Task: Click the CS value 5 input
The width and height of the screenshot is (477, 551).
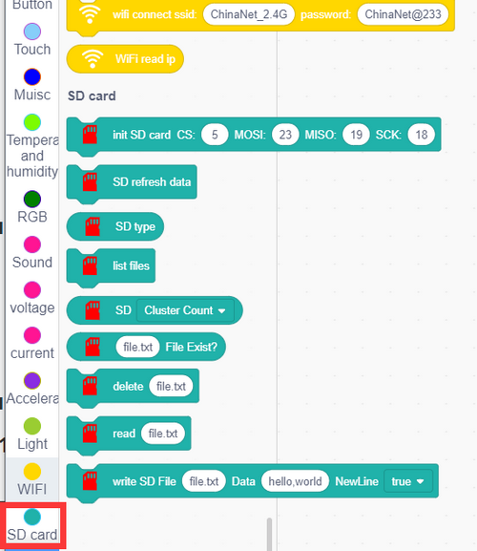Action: coord(215,135)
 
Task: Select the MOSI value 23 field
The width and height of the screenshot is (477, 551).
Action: coord(285,135)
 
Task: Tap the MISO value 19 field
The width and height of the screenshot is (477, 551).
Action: coord(356,135)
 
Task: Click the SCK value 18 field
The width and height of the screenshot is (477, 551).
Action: coord(422,135)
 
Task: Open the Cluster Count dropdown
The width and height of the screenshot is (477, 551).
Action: coord(185,310)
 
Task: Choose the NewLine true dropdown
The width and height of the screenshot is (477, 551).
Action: coord(408,481)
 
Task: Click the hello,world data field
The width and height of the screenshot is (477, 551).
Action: coord(295,481)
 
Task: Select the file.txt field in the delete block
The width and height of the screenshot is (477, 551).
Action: coord(171,386)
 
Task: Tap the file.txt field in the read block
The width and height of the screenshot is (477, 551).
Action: coord(163,434)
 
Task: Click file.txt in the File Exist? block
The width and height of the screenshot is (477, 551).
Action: coord(138,347)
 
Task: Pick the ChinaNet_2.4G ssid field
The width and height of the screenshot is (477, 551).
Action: coord(249,14)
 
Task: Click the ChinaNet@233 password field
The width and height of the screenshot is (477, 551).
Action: coord(403,14)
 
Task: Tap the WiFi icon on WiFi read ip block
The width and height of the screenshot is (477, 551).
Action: coord(93,58)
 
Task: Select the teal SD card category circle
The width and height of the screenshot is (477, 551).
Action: coord(32,517)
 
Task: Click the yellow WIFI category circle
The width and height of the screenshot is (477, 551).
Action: coord(32,472)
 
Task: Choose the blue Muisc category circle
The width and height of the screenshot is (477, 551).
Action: coord(32,77)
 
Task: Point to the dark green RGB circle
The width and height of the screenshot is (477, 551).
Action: coord(32,200)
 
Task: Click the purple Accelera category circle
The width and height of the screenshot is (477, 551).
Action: coord(32,381)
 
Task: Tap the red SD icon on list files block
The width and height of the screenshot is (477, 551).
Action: coord(90,265)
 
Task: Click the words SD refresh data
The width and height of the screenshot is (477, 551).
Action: coord(152,182)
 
